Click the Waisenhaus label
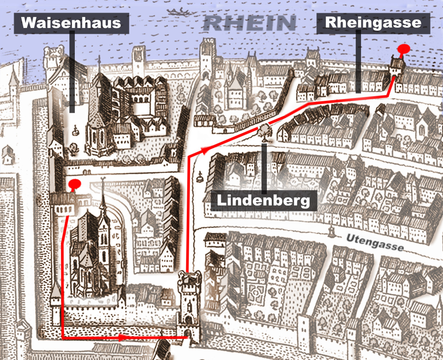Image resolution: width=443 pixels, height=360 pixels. (71, 23)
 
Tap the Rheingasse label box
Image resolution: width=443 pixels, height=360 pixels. (373, 23)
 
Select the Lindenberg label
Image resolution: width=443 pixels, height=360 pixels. (264, 200)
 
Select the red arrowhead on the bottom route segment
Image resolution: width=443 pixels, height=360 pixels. (122, 337)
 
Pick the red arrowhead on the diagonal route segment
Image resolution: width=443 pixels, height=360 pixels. (205, 151)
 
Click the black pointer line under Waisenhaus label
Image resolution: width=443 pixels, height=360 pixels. (72, 72)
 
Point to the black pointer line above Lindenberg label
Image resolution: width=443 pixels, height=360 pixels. (265, 167)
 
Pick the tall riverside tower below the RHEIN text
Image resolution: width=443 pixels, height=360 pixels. (207, 57)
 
